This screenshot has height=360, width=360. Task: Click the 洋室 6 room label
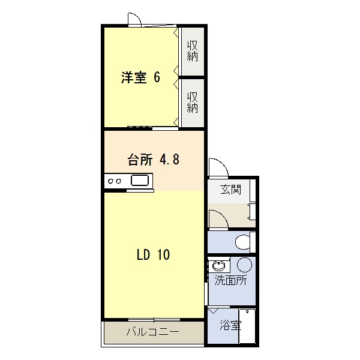coord(140,77)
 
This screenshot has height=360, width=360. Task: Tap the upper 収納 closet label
coord(193,51)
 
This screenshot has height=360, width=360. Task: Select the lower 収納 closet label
coord(193,103)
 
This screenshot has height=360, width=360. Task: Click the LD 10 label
coord(154,254)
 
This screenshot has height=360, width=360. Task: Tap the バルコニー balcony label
coord(152,332)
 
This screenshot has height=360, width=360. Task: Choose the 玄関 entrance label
coord(231,190)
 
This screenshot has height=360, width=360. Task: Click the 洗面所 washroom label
coord(230,280)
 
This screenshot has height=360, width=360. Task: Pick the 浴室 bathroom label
coord(230,325)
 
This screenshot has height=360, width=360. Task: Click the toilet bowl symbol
coord(242,242)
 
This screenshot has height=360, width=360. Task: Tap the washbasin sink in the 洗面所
coord(219,266)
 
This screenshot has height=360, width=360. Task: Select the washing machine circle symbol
coord(245,265)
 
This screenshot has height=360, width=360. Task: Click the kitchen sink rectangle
coord(140,180)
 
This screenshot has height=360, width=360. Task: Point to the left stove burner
coord(110,181)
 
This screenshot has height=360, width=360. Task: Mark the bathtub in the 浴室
coord(247,326)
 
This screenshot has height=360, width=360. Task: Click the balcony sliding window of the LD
coord(154,320)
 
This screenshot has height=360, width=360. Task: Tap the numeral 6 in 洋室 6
coord(157,77)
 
